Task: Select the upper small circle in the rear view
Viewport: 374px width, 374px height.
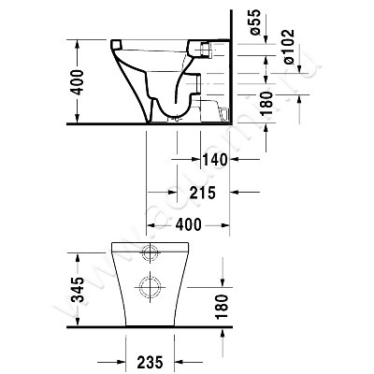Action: (x=149, y=253)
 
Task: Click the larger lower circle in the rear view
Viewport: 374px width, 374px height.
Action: (x=149, y=284)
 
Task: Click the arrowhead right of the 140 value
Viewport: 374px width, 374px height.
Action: (x=235, y=160)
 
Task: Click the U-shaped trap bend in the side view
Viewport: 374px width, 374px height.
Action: (x=169, y=113)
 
